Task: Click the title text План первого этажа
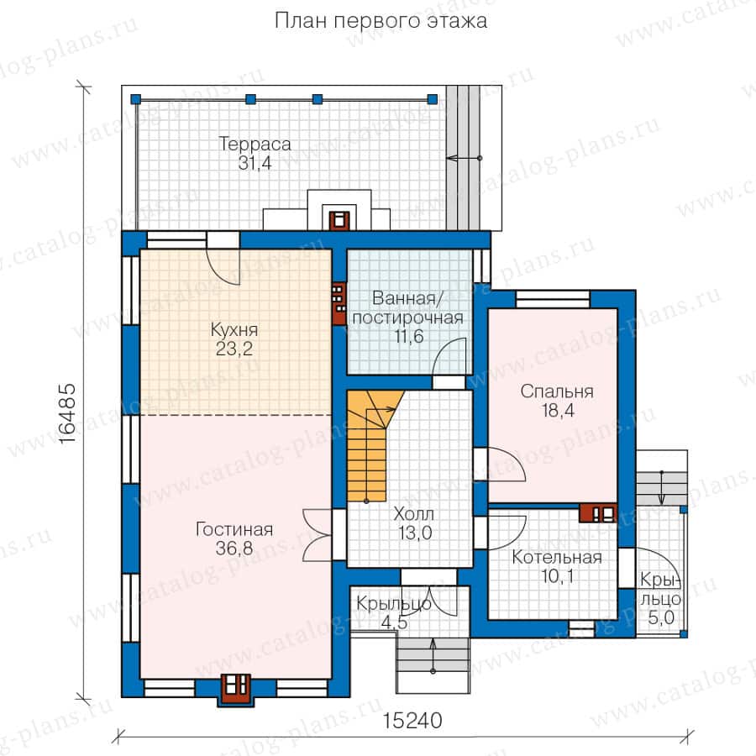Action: point(381,21)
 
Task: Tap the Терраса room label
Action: point(255,144)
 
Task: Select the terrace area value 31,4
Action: point(255,163)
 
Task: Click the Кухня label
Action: point(234,330)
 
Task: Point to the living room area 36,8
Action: point(234,549)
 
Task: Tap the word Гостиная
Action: point(234,529)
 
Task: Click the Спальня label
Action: point(557,392)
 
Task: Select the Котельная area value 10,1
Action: point(558,576)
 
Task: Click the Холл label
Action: point(413,514)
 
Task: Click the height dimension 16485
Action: point(67,413)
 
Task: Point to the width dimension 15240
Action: point(412,721)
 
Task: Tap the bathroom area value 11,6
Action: point(409,336)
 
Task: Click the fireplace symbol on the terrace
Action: point(339,220)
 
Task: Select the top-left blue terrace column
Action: point(135,99)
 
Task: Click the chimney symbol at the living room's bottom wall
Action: point(236,689)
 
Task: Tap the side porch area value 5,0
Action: point(660,618)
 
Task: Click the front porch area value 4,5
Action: point(395,622)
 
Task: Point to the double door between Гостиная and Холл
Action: point(318,535)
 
